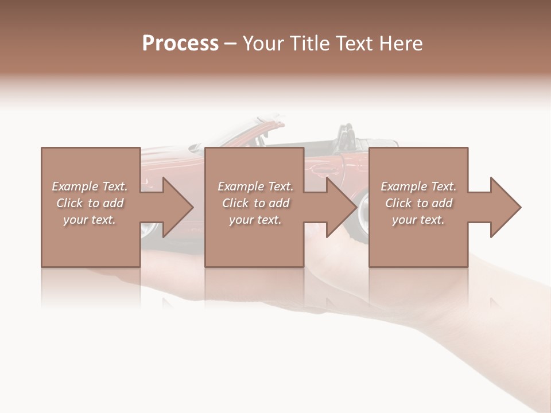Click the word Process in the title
click(x=180, y=44)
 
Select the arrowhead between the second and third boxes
click(x=340, y=207)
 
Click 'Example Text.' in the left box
click(x=90, y=186)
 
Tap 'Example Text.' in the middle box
click(x=255, y=186)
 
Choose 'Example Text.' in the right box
click(x=418, y=186)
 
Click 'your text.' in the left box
click(x=90, y=220)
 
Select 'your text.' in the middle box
click(x=255, y=220)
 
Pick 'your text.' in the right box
click(x=418, y=220)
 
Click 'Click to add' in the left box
click(x=90, y=203)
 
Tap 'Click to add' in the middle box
click(x=255, y=203)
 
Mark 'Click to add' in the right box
click(x=418, y=203)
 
